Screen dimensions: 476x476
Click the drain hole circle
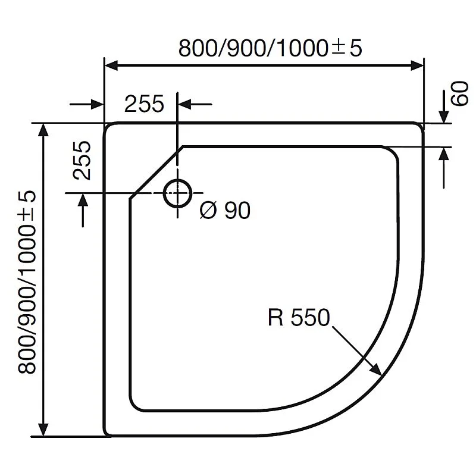(x=177, y=193)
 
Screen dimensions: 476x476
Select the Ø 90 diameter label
(x=225, y=210)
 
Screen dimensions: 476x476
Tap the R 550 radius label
(x=297, y=318)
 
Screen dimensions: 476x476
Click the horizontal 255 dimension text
(x=144, y=104)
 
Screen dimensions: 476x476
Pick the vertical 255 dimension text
(x=82, y=160)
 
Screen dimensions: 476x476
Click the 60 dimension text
(x=460, y=95)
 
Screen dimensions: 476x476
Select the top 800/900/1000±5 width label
(x=270, y=48)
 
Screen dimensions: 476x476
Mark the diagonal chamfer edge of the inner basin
(x=156, y=170)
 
